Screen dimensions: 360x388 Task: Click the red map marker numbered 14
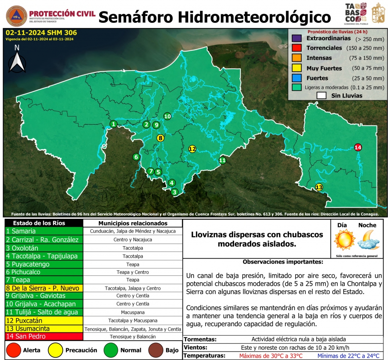[358, 147]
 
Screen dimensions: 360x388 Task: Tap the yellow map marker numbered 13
[319, 187]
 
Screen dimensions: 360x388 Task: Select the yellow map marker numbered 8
[161, 138]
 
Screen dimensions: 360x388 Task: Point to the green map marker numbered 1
[113, 124]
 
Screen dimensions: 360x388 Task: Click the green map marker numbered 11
[222, 160]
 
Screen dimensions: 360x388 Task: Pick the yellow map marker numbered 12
[192, 149]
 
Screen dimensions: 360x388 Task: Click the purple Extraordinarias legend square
[296, 38]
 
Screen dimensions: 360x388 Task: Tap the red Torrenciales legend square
[296, 48]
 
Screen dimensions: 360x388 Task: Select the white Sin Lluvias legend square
[321, 96]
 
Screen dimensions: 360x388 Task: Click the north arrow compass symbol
[17, 59]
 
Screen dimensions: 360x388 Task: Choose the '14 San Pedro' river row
[44, 336]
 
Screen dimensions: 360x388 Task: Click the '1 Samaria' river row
[44, 231]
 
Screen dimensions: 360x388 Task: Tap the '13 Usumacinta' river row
[44, 329]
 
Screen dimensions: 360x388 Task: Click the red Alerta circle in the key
[14, 350]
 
